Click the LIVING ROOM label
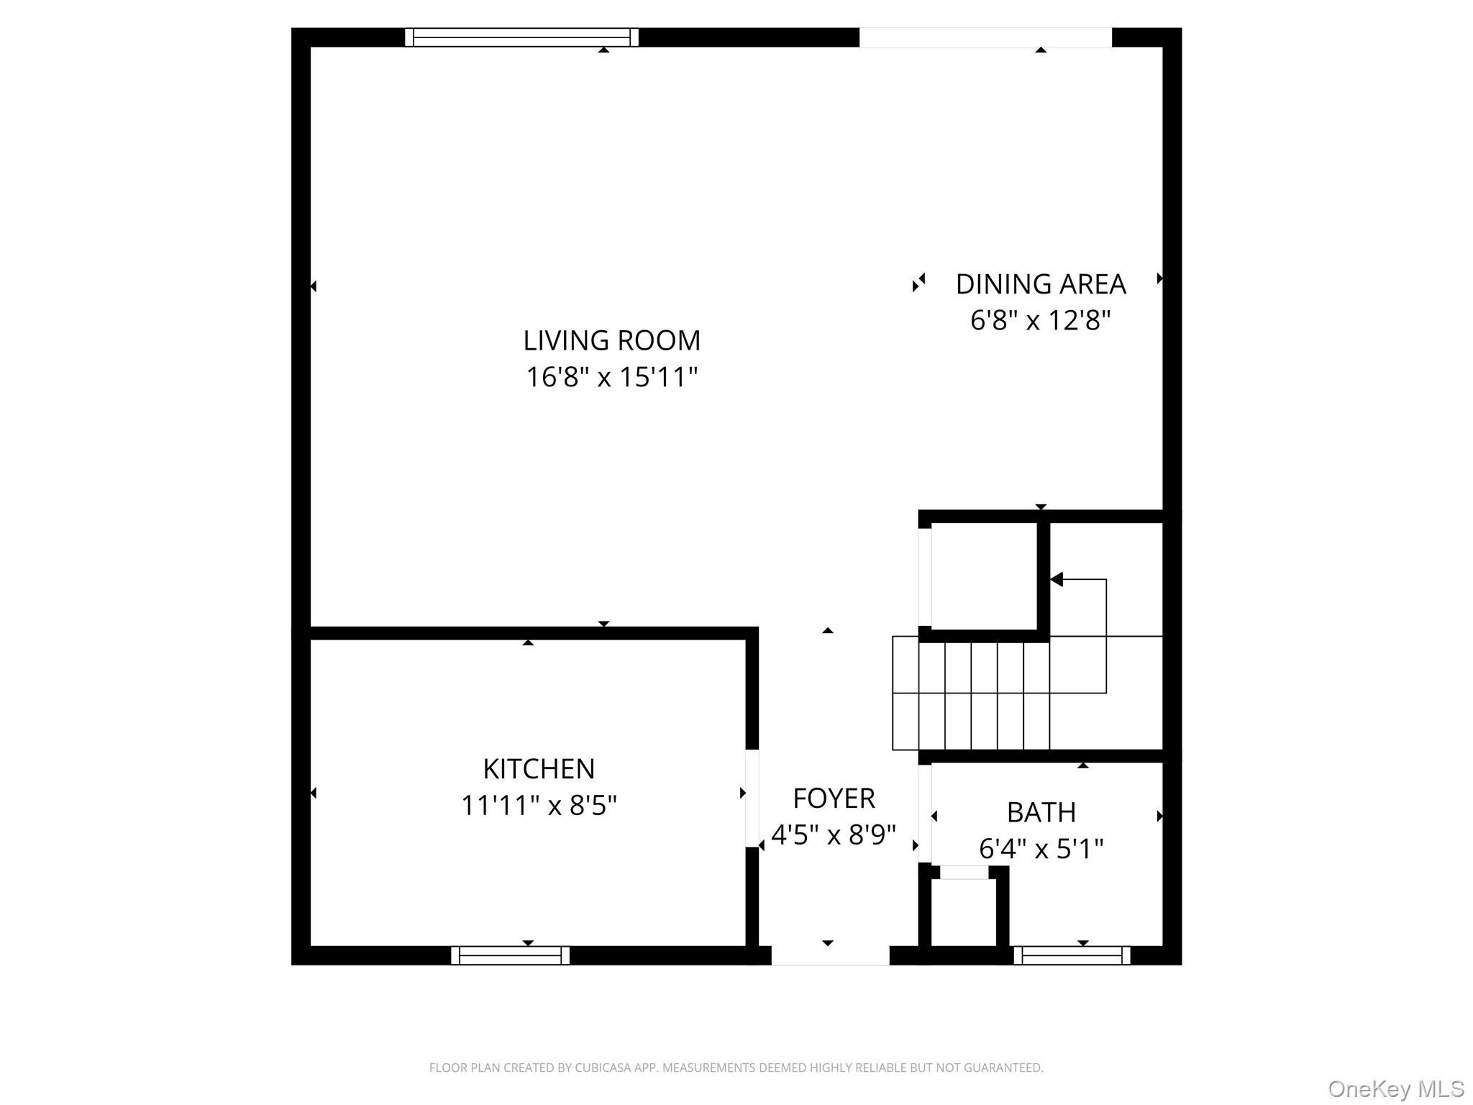click(x=611, y=340)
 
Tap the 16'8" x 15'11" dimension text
click(x=611, y=377)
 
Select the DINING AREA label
click(x=1040, y=284)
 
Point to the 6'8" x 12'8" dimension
click(x=1040, y=320)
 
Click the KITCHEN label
click(x=539, y=769)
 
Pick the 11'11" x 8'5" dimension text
click(x=539, y=805)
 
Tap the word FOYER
click(x=834, y=799)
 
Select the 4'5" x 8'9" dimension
click(x=834, y=835)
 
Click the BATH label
click(x=1041, y=812)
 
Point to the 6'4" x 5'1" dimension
click(x=1041, y=849)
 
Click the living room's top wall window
click(x=521, y=37)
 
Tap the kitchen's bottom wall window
click(x=510, y=955)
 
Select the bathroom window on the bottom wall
click(x=1072, y=955)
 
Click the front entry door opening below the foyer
click(x=830, y=955)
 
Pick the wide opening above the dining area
click(x=985, y=37)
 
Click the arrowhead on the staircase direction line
click(x=1056, y=579)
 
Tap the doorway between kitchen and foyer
click(x=752, y=799)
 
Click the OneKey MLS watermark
click(x=1395, y=1089)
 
